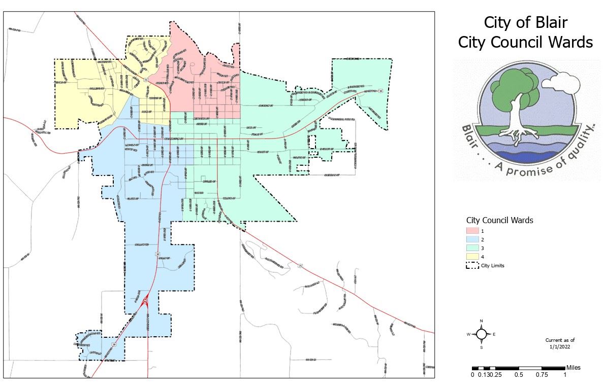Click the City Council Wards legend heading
point(499,221)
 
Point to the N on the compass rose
point(482,321)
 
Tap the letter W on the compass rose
point(469,334)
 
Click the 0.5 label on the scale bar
point(519,375)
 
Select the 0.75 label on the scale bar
point(542,375)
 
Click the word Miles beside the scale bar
point(574,368)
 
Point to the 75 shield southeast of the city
point(300,266)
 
